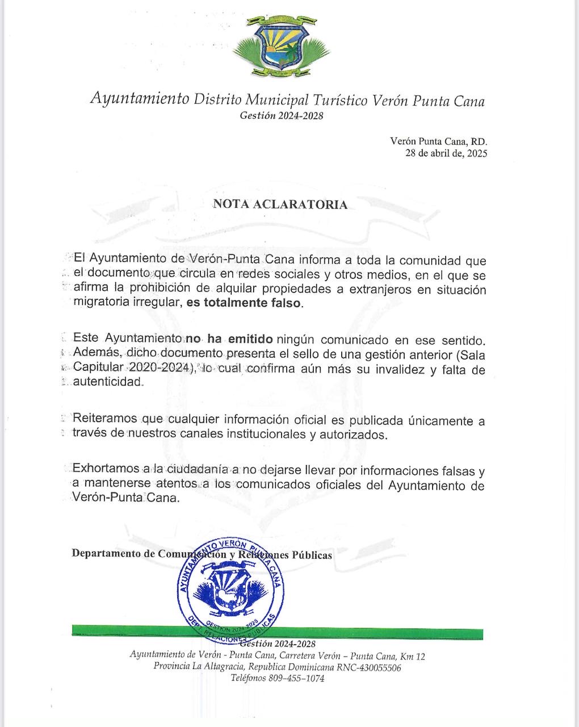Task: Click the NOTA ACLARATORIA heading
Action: (x=280, y=204)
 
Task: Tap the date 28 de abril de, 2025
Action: (x=446, y=153)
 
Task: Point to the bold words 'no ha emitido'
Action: (x=230, y=340)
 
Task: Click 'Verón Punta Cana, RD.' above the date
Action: (x=438, y=141)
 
